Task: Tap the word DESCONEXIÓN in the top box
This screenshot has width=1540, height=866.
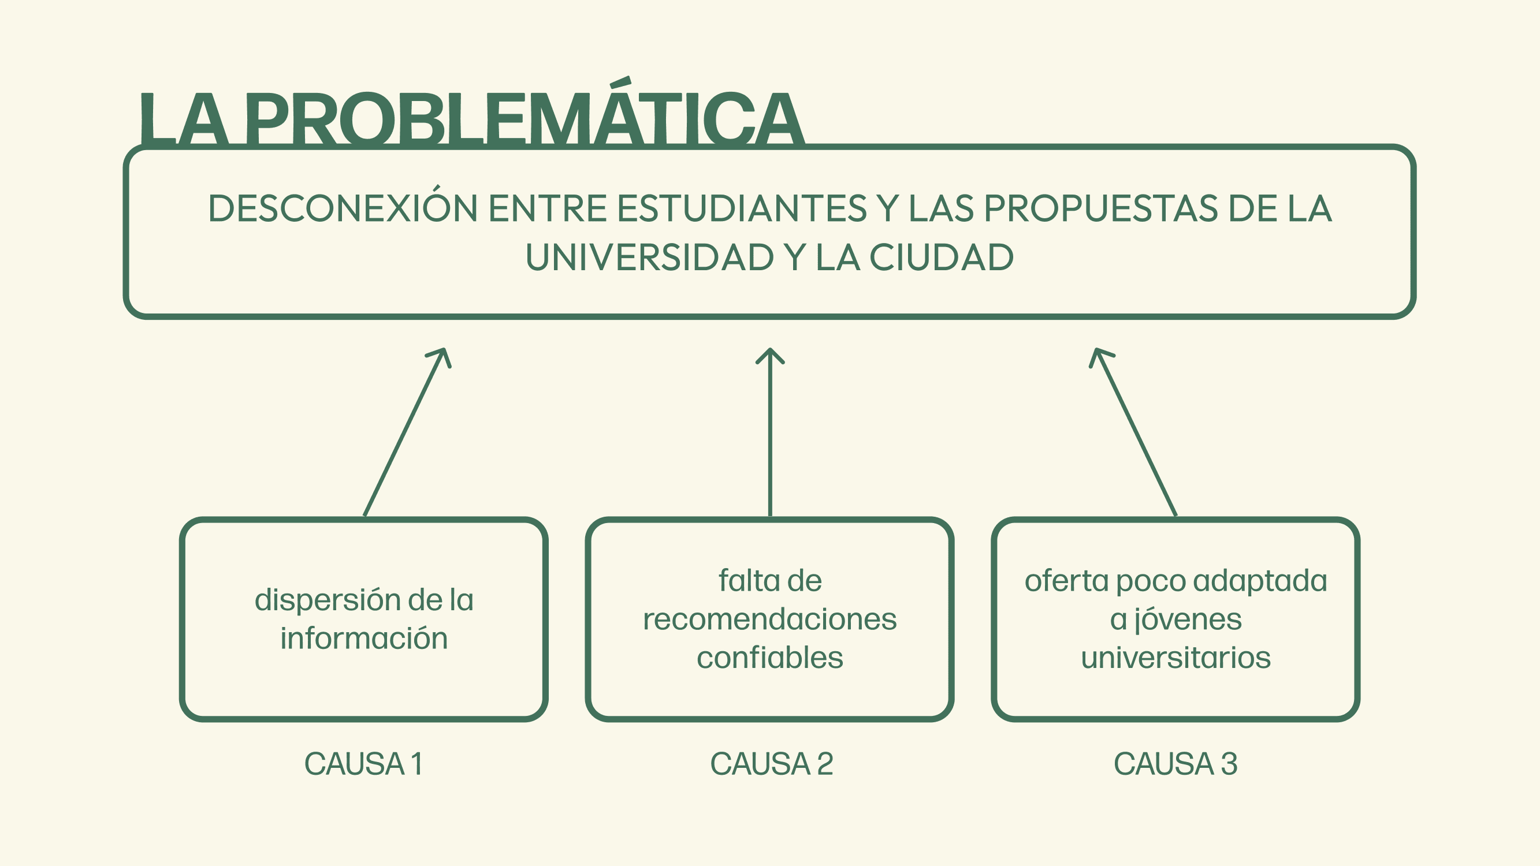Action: click(343, 208)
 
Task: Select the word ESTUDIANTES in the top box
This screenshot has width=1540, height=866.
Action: click(741, 208)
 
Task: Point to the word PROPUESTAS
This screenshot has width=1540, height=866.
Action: click(1100, 208)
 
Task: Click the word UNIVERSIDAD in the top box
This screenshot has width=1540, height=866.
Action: click(649, 257)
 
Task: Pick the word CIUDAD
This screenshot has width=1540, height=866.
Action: click(941, 257)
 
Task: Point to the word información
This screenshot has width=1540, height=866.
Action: click(364, 639)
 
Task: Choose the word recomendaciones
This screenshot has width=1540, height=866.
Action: click(770, 619)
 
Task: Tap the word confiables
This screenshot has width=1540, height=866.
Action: click(770, 658)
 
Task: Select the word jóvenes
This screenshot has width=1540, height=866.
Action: click(1188, 619)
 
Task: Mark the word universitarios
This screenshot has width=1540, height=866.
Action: click(1176, 658)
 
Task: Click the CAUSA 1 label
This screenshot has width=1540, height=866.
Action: click(364, 764)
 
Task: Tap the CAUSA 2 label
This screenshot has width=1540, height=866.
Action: click(771, 764)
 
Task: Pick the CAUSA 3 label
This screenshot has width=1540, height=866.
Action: click(1176, 764)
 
